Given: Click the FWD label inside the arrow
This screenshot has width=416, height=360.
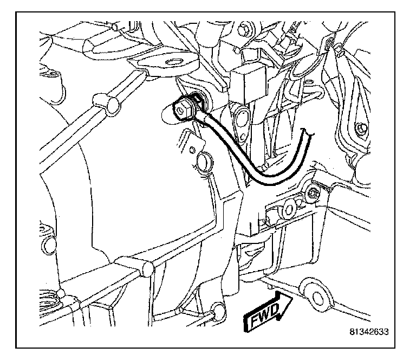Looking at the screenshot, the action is (x=263, y=314).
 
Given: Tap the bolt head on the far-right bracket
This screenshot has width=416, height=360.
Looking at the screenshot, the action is (x=360, y=128).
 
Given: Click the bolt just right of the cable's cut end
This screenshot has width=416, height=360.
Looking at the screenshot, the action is (x=313, y=193).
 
